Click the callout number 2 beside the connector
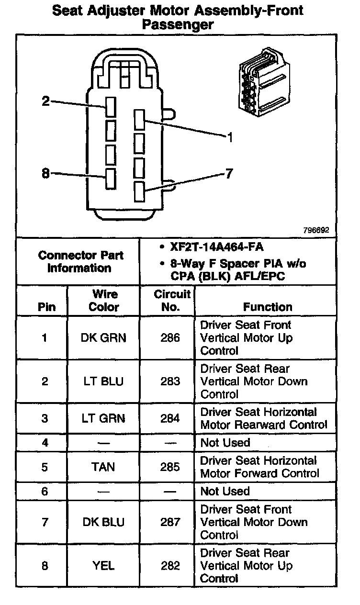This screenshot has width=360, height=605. (46, 101)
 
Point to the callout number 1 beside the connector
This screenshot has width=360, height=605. (230, 138)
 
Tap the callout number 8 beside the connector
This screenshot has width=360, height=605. (46, 174)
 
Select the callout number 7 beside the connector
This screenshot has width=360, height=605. (229, 174)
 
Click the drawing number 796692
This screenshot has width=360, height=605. (315, 230)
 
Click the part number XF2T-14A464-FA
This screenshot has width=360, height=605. (216, 247)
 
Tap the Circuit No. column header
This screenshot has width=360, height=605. (171, 301)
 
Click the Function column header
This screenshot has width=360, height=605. (267, 307)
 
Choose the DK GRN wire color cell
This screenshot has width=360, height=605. (103, 338)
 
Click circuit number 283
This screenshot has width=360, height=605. (170, 381)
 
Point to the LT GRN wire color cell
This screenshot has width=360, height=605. (103, 418)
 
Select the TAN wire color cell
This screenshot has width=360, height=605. (103, 467)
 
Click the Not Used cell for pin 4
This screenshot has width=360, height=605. (225, 443)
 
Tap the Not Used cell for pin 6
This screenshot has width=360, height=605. (225, 491)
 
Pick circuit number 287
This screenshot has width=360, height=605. (170, 522)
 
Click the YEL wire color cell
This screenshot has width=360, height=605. (103, 566)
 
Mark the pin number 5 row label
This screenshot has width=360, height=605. (45, 467)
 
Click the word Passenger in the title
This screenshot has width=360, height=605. (178, 25)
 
